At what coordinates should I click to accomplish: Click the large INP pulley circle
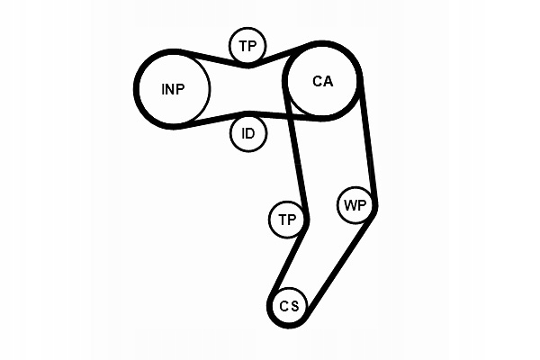click(173, 88)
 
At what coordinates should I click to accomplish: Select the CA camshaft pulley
click(322, 81)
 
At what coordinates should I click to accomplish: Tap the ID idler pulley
click(247, 134)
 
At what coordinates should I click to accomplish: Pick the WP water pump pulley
click(355, 205)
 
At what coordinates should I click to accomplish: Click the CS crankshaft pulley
click(288, 306)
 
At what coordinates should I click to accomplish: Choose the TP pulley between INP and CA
click(247, 46)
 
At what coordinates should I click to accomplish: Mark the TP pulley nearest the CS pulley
click(287, 220)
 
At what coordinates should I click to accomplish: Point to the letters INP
click(173, 88)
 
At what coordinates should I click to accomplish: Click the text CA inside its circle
click(322, 81)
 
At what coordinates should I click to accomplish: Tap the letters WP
click(355, 205)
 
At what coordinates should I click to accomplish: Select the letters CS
click(288, 306)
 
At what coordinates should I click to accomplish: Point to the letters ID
click(247, 134)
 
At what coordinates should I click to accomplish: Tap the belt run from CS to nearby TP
click(287, 261)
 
